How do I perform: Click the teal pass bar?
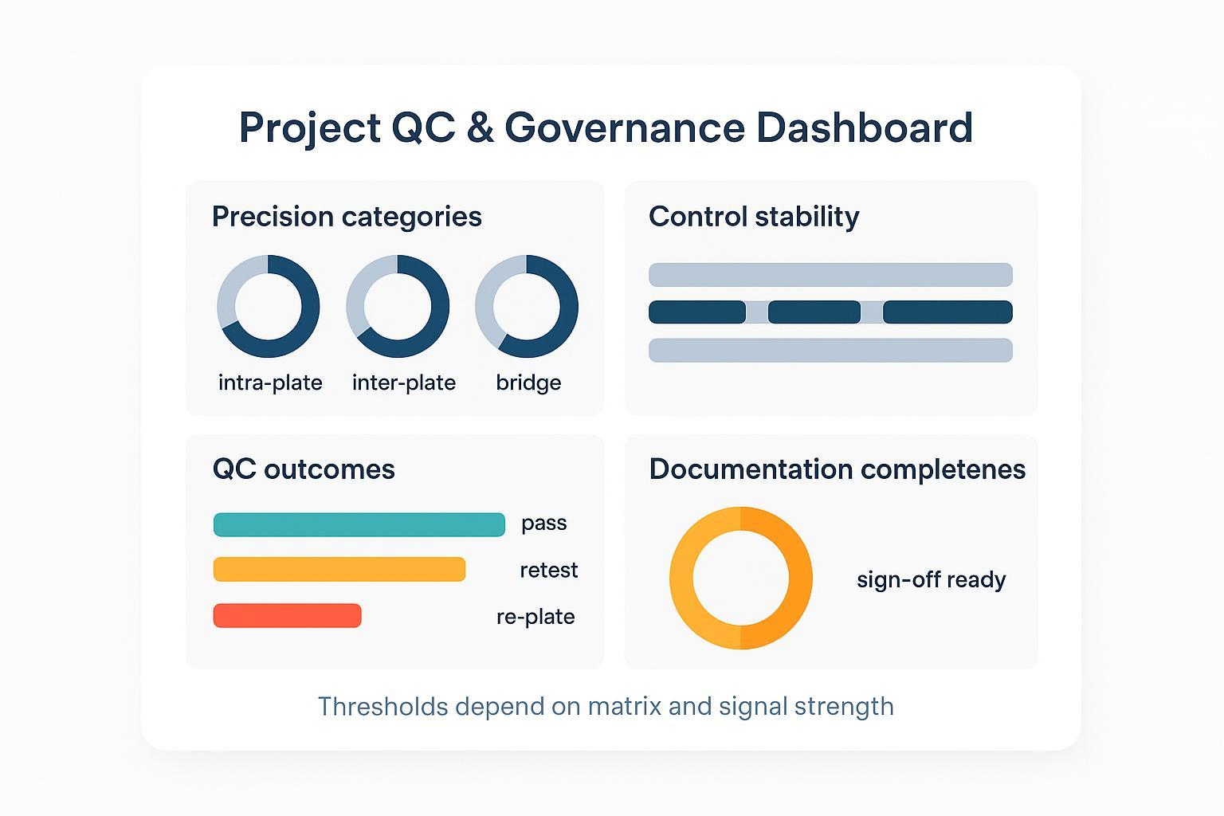(359, 524)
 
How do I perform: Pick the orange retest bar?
(339, 569)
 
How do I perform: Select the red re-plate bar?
(287, 615)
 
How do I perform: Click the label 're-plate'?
(535, 617)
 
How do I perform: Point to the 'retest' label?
(548, 571)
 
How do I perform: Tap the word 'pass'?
(543, 524)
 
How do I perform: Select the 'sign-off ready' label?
(931, 579)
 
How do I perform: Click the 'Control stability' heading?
(754, 217)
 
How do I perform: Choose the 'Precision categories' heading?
(347, 217)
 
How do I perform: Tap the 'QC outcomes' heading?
(304, 469)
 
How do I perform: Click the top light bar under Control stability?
(830, 275)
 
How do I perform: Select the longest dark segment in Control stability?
(947, 312)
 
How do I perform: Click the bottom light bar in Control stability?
(830, 350)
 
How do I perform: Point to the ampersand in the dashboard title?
(480, 128)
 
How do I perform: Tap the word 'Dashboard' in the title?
(864, 128)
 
